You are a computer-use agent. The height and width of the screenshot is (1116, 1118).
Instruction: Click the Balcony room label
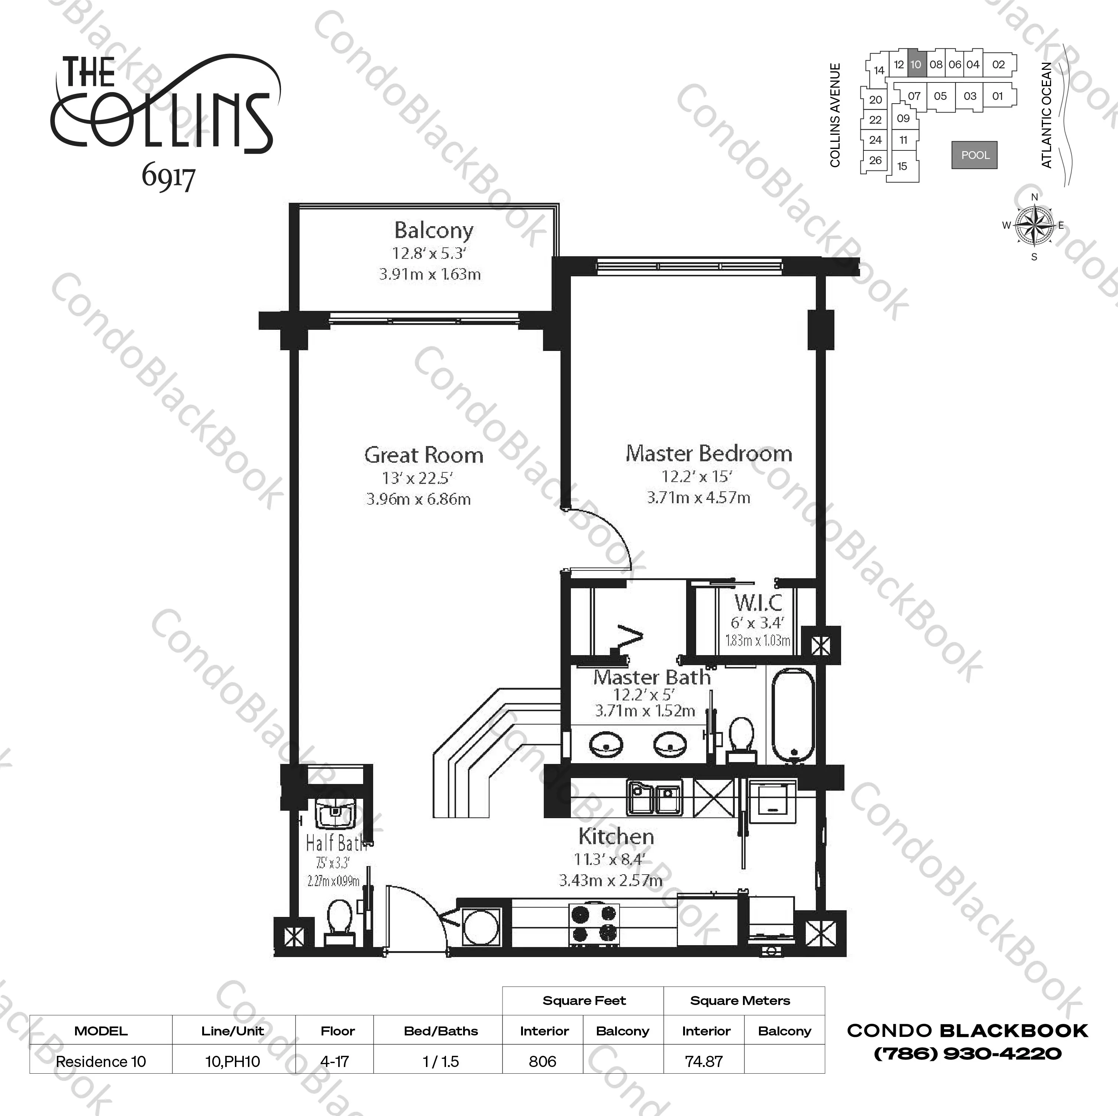point(433,231)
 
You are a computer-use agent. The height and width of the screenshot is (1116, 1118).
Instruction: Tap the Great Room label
point(424,455)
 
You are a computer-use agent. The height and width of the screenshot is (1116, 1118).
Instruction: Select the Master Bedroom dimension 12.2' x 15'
point(697,476)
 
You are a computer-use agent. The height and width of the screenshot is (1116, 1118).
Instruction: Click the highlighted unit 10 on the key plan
point(915,65)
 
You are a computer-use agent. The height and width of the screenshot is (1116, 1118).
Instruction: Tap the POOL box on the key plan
point(975,155)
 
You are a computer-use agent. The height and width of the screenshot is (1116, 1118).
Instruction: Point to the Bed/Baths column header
point(440,1031)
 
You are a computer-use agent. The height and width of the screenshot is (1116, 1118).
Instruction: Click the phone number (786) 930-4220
point(967,1054)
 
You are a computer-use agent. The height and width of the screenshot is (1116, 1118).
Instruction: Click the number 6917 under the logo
point(168,177)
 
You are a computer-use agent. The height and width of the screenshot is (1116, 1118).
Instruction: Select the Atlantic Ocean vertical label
point(1046,115)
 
